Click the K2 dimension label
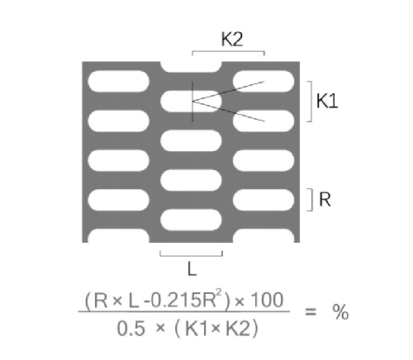(x=232, y=39)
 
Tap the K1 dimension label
(x=327, y=101)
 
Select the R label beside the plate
(x=325, y=199)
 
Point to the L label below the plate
(x=192, y=268)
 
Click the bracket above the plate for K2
(x=228, y=51)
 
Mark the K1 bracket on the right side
(x=311, y=102)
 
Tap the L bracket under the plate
(x=191, y=256)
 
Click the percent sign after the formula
(x=340, y=312)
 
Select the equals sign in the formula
(x=311, y=312)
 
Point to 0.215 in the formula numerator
(x=177, y=300)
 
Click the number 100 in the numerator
(x=268, y=300)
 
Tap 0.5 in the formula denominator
(x=131, y=329)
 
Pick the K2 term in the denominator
(x=238, y=329)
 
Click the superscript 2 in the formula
(x=219, y=294)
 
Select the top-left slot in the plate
(x=118, y=81)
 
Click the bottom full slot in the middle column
(x=191, y=220)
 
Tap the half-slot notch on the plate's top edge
(x=191, y=67)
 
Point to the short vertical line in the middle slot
(x=192, y=102)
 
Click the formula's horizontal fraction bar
(x=184, y=312)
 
